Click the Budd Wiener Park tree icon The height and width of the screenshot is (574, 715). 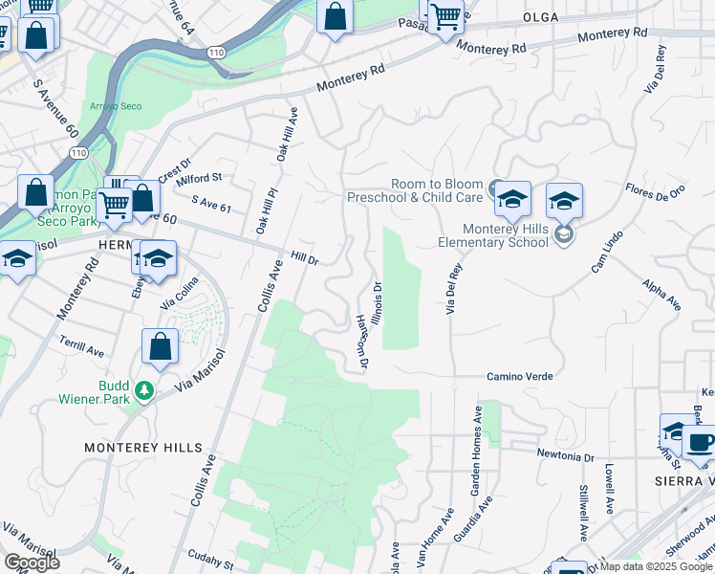(x=144, y=390)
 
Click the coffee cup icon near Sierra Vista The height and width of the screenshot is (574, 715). (x=700, y=443)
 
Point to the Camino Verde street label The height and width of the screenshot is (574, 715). (x=519, y=377)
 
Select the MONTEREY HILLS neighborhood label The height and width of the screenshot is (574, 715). (x=143, y=448)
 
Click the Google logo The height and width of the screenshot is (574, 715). (x=32, y=563)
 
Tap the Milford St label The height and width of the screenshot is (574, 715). (x=200, y=178)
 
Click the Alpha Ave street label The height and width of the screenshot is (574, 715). (x=661, y=296)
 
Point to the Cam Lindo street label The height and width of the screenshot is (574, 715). (x=607, y=251)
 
